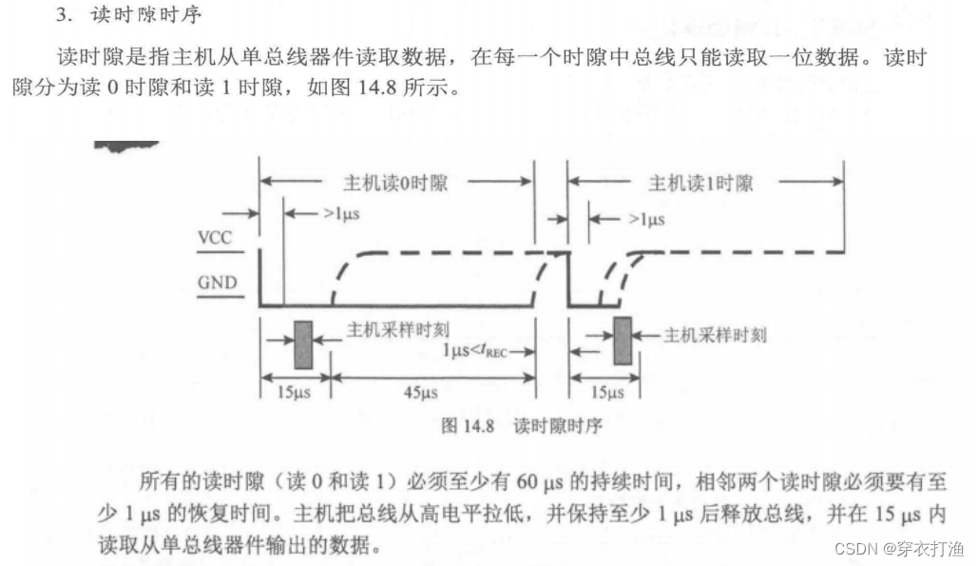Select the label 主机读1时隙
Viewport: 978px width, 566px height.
700,183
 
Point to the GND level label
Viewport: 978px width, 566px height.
217,283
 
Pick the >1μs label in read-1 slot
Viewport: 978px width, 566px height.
645,218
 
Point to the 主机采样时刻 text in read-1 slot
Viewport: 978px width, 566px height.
714,334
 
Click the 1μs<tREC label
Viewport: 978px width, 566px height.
479,349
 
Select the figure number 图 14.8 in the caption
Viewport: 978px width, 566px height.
469,425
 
